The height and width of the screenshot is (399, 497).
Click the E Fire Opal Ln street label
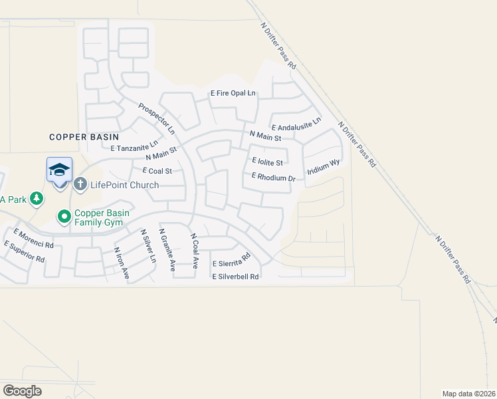click(233, 94)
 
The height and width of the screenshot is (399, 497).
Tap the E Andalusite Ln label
click(296, 124)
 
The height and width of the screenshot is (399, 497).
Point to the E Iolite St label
click(268, 162)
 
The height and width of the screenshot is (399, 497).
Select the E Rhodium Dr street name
click(273, 178)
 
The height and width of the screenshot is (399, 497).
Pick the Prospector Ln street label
click(156, 116)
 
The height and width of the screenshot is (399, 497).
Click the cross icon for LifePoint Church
click(80, 184)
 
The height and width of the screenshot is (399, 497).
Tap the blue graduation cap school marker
click(59, 170)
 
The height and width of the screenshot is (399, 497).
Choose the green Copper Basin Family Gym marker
click(64, 216)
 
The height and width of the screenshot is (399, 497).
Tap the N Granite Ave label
click(167, 250)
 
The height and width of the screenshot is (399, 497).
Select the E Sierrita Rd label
click(231, 260)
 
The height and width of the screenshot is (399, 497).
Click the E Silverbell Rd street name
click(235, 277)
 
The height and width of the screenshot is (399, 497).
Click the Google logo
click(22, 391)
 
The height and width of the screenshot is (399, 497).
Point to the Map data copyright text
click(469, 393)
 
